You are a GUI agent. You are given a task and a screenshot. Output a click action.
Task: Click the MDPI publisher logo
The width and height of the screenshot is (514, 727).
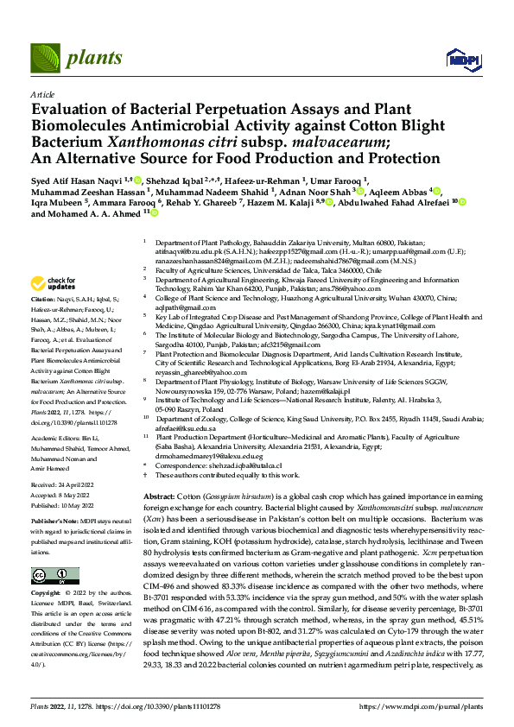[459, 59]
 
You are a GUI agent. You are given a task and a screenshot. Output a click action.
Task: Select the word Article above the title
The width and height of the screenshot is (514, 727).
[41, 93]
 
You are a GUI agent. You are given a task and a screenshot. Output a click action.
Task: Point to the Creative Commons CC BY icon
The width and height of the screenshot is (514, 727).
[49, 576]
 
